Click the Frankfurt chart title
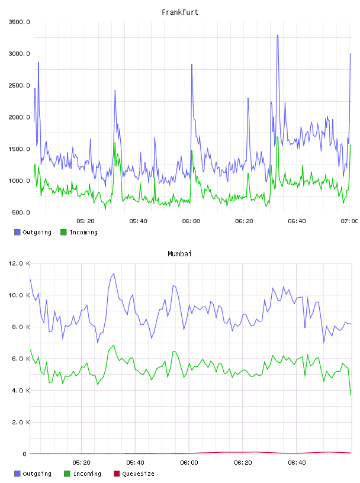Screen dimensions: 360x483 [180, 12]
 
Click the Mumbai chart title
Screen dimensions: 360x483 [179, 254]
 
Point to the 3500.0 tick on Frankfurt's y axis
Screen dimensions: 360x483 [19, 22]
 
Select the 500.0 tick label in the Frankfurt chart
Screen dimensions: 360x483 [21, 212]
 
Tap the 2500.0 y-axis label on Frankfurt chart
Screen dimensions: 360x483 [19, 85]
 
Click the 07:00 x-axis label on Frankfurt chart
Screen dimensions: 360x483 [349, 221]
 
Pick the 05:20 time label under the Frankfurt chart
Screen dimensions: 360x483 [85, 221]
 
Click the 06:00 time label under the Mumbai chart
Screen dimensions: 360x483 [189, 462]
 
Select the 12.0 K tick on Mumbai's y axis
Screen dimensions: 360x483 [19, 263]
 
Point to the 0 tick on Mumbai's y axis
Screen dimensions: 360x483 [24, 454]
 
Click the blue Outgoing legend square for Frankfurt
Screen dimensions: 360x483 [17, 232]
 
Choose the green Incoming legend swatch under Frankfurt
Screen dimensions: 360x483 [63, 232]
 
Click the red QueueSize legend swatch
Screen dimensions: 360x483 [117, 474]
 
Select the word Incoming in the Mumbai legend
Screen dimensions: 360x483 [87, 474]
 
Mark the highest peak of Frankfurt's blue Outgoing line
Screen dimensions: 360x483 [277, 35]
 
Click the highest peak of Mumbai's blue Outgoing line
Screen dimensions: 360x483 [114, 273]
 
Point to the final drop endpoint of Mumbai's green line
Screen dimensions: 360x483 [351, 395]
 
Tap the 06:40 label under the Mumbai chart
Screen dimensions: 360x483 [297, 462]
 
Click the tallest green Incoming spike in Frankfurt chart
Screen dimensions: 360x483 [277, 137]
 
